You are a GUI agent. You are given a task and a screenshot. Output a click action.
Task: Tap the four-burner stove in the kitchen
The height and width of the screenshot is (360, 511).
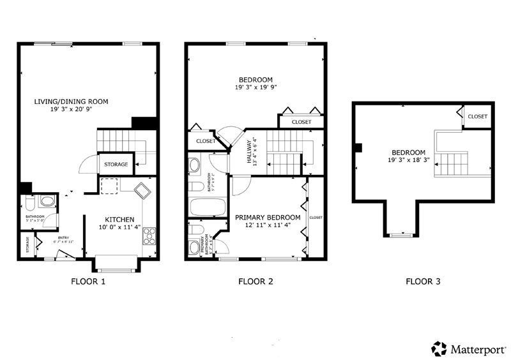click(150, 236)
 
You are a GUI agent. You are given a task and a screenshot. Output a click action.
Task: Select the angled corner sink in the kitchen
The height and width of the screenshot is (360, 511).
click(141, 189)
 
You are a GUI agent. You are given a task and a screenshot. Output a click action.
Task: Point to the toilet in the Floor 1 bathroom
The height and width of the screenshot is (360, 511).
click(29, 204)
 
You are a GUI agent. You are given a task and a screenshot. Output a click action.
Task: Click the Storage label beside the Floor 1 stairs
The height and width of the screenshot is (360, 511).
click(116, 165)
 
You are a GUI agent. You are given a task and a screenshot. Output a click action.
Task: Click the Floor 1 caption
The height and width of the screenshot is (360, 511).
click(89, 281)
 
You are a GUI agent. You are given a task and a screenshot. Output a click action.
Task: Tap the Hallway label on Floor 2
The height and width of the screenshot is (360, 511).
click(250, 154)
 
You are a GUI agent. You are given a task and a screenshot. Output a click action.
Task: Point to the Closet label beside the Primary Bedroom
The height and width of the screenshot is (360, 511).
click(316, 218)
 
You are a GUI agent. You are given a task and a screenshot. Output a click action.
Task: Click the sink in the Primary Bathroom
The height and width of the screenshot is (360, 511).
click(195, 247)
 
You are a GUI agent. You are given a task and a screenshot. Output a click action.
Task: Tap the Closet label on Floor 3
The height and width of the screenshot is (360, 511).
click(477, 117)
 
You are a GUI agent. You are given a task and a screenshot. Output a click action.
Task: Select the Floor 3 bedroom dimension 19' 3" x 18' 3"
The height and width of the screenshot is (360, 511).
click(408, 160)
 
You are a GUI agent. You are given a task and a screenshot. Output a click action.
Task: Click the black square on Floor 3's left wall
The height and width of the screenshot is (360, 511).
click(358, 147)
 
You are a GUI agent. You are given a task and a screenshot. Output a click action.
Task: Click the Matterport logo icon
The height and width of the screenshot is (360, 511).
click(439, 348)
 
